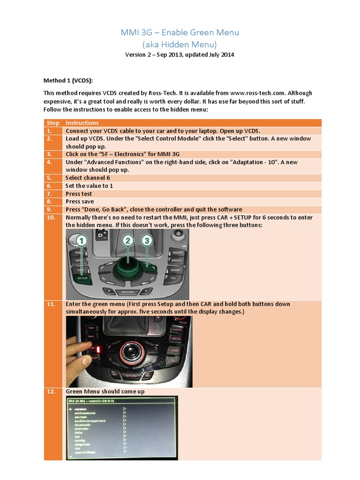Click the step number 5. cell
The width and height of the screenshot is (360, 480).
(x=50, y=178)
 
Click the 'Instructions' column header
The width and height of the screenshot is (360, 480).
(x=82, y=123)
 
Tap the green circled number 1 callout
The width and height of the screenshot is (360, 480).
(x=82, y=241)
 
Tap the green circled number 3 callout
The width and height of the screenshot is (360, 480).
(x=147, y=241)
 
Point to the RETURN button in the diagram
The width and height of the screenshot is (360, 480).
(x=127, y=292)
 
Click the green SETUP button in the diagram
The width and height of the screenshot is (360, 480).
(x=82, y=277)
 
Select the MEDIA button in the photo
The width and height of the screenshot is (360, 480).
(x=177, y=338)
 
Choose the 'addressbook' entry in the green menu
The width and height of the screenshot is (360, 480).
(x=85, y=413)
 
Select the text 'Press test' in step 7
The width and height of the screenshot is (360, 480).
(x=79, y=194)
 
